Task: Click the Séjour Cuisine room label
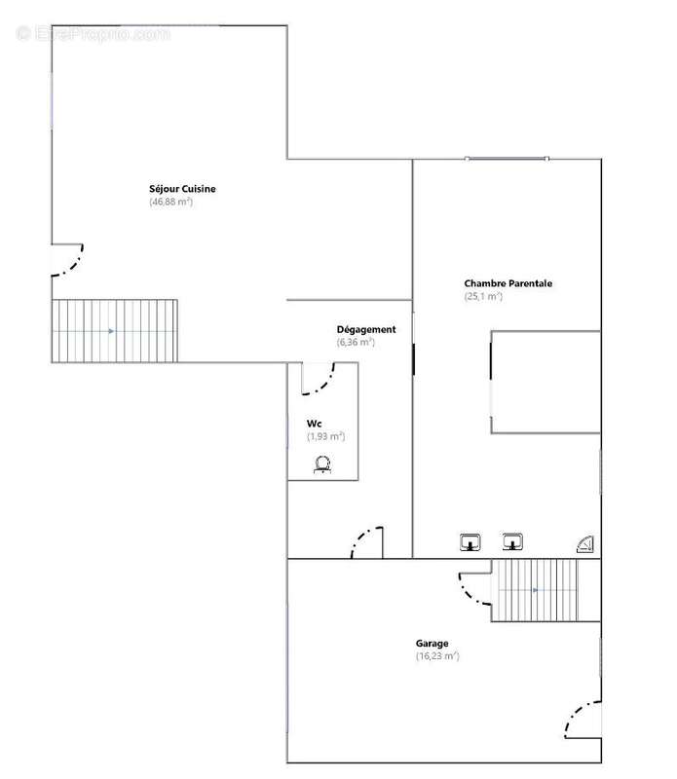(x=182, y=189)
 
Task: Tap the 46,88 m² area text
(x=171, y=202)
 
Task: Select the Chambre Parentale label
(x=508, y=283)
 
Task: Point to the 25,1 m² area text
(x=483, y=296)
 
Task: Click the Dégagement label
(x=366, y=329)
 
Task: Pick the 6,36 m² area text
(x=356, y=342)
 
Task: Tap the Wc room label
(x=314, y=424)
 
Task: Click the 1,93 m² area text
(x=325, y=436)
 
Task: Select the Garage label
(x=432, y=644)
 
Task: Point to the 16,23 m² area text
(x=437, y=655)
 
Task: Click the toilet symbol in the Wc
(x=322, y=464)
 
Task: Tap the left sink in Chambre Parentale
(x=470, y=542)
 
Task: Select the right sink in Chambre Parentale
(x=512, y=541)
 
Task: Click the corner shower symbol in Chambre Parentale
(x=585, y=544)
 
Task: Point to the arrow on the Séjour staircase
(x=111, y=331)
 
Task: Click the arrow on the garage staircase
(x=536, y=590)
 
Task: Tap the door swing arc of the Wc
(x=325, y=387)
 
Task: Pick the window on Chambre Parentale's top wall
(x=507, y=159)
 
